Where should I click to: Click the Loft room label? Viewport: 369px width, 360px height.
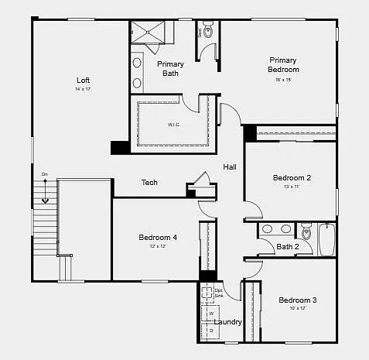pos(83,80)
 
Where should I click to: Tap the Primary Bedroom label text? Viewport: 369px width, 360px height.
pos(284,65)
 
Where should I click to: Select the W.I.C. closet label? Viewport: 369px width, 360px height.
pos(174,124)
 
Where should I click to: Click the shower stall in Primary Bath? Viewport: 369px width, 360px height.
pos(152,32)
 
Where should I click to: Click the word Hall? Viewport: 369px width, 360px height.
pos(230,167)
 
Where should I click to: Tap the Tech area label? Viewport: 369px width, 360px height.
pos(149,183)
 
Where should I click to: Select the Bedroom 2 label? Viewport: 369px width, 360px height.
pos(292,178)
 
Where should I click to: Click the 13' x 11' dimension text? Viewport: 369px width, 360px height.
pos(292,187)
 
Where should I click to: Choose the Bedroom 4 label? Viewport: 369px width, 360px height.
pos(158,237)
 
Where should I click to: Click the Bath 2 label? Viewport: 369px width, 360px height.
pos(287,247)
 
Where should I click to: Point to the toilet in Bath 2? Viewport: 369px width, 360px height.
pos(306,231)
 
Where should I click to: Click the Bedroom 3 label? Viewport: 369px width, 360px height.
pos(297,300)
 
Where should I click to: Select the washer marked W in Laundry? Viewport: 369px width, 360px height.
pos(210,314)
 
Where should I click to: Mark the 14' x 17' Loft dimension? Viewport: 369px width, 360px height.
pos(83,90)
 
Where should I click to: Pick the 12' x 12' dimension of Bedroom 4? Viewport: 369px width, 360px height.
pos(158,246)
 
